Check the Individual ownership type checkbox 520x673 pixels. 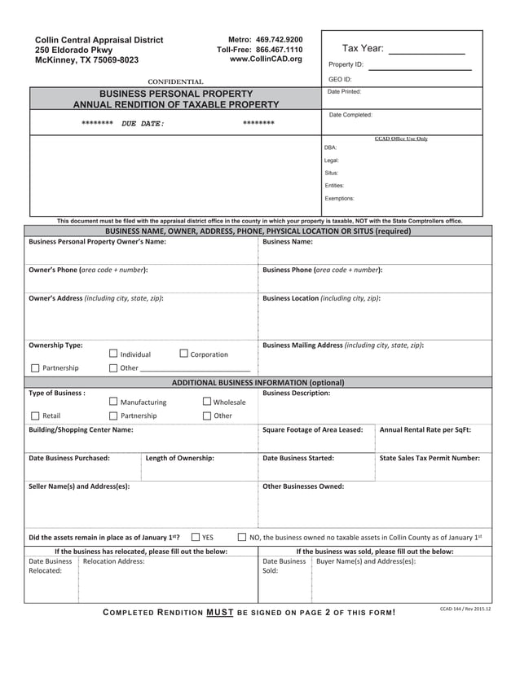[x=113, y=354]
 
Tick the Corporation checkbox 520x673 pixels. [x=183, y=354]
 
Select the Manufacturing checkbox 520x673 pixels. [x=113, y=402]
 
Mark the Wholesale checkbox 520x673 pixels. [x=207, y=402]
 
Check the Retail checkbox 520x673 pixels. [x=34, y=416]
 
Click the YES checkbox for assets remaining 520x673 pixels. [x=196, y=537]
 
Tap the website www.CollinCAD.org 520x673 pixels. [x=266, y=59]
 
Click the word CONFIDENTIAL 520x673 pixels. [x=175, y=81]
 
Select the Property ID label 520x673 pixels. [x=346, y=64]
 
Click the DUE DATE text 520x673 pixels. [x=143, y=124]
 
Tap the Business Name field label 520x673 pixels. [x=288, y=242]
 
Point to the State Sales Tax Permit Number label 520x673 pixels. [x=430, y=458]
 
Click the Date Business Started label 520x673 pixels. [x=298, y=458]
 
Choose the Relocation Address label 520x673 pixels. [x=114, y=561]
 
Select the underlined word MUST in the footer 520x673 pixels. [x=220, y=612]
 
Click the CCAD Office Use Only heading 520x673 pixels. [x=401, y=139]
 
